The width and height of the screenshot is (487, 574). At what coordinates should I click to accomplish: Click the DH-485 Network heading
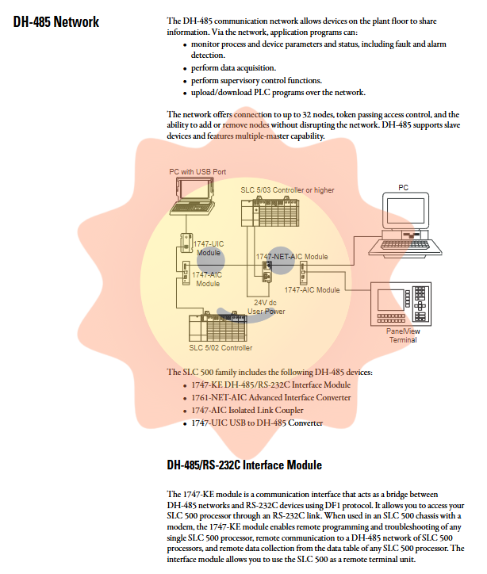56,22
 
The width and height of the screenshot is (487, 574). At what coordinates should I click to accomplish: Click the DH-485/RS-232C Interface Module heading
244,464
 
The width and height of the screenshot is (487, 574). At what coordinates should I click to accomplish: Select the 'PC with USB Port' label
197,171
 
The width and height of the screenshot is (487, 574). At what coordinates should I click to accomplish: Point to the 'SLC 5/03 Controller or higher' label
287,190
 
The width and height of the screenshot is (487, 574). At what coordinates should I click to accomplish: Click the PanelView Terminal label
402,335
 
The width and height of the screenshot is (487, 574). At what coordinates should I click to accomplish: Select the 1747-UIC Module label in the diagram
209,248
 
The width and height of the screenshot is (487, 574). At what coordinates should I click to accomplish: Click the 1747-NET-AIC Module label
291,257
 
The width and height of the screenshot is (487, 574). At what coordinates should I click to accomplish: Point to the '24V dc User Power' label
267,307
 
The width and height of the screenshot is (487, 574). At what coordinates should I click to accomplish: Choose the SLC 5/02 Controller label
220,348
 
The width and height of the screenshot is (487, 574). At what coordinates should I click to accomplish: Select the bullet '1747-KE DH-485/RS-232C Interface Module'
270,385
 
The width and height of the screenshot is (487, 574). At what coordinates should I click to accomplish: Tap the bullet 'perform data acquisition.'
233,68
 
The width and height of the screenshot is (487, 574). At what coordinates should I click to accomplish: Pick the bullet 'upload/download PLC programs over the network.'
278,92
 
